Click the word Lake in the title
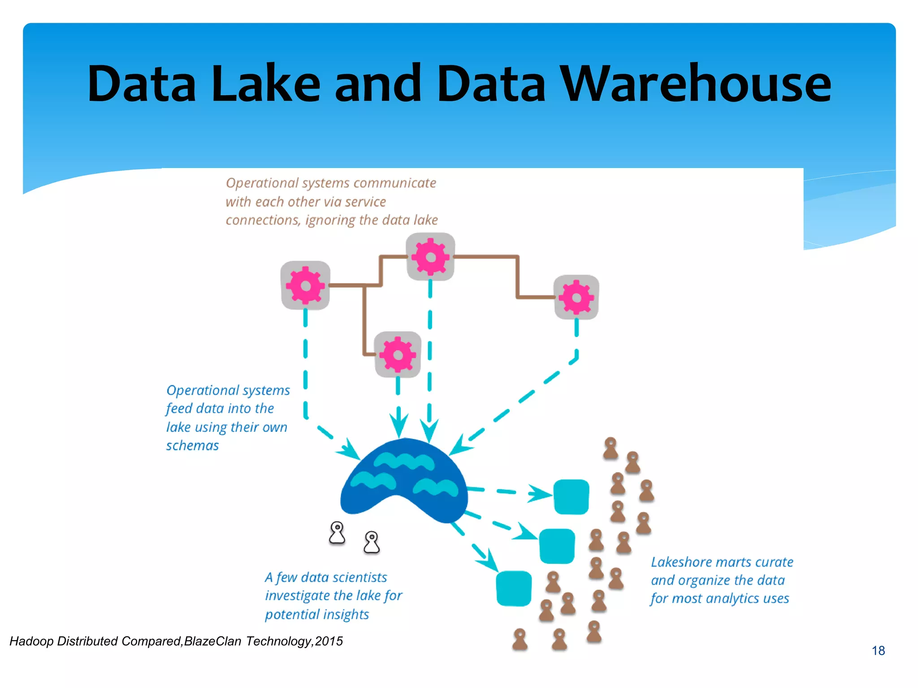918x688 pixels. [x=266, y=84]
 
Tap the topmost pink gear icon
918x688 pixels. [x=430, y=257]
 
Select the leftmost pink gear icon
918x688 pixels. [x=305, y=285]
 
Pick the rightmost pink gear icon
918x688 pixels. [x=576, y=297]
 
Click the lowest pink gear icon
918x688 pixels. [x=398, y=354]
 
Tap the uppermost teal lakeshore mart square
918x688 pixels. [x=571, y=497]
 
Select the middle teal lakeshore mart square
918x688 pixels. [x=557, y=546]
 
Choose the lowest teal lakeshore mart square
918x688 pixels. [x=514, y=588]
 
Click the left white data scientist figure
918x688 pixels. [x=337, y=533]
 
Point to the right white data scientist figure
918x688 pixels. [x=372, y=542]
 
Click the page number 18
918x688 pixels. [x=878, y=650]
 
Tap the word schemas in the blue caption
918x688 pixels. [x=192, y=446]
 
